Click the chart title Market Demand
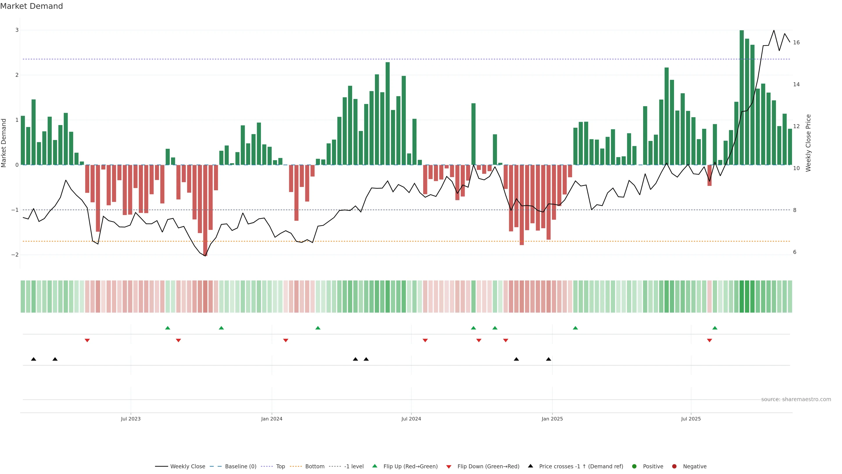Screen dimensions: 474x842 pos(31,6)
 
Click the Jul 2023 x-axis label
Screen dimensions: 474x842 pos(131,419)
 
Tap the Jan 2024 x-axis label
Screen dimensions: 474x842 pos(272,419)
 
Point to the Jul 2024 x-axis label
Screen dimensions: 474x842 pos(411,419)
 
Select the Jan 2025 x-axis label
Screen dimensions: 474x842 pos(552,419)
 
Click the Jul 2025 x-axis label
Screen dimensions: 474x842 pos(691,419)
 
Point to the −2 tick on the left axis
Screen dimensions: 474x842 pos(15,255)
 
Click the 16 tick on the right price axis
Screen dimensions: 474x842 pos(796,43)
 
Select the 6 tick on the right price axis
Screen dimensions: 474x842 pos(795,252)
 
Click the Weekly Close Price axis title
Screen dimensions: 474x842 pos(808,143)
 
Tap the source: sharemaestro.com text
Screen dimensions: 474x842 pos(796,399)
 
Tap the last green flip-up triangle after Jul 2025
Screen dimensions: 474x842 pos(715,328)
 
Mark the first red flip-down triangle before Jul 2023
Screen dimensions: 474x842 pos(87,341)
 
